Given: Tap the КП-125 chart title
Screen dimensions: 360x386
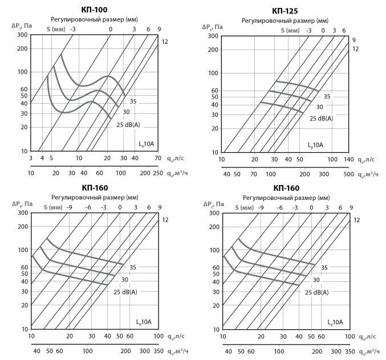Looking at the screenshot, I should [x=285, y=10].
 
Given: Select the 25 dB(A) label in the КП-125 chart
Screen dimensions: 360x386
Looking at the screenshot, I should [x=322, y=118].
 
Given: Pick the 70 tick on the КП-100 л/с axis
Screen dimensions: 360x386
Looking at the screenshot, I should [x=157, y=158].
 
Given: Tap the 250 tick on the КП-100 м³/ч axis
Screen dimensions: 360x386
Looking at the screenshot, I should [x=156, y=173].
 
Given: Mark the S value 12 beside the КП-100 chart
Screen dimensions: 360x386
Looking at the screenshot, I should [x=165, y=42].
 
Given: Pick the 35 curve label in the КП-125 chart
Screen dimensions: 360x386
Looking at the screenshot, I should [x=327, y=97].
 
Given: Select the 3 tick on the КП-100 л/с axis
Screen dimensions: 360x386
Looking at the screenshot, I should [x=31, y=158].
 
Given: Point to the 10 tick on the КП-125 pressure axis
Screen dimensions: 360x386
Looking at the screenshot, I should [x=216, y=153].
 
